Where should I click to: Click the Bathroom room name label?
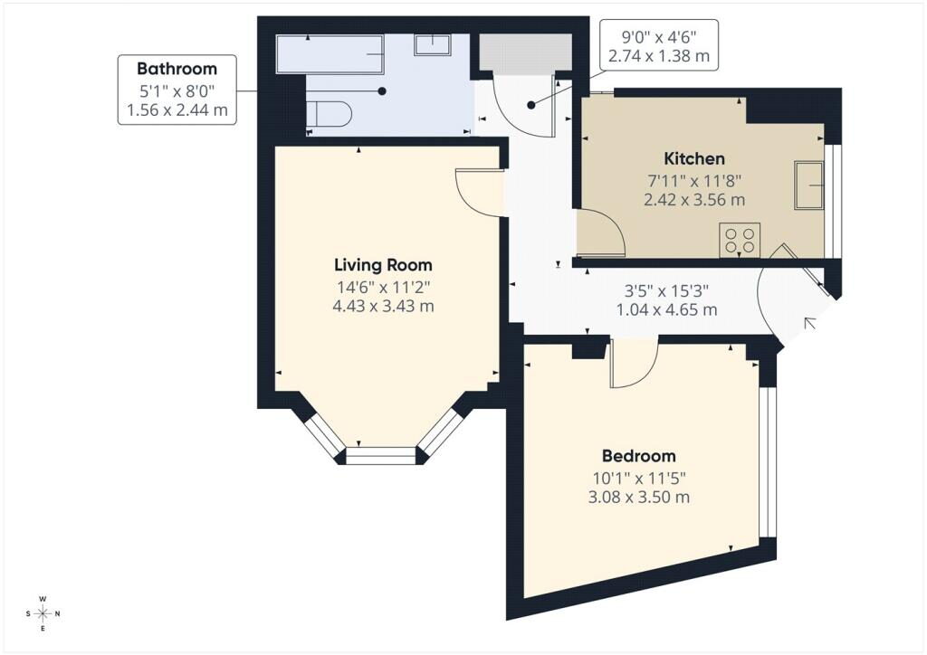[177, 69]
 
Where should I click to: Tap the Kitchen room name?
[694, 158]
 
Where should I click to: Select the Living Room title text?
[383, 264]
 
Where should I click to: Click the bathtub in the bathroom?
[330, 53]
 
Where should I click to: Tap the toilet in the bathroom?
[329, 113]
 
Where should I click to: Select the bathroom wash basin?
[433, 44]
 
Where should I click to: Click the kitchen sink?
[808, 185]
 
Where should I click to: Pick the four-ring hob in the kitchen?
[740, 240]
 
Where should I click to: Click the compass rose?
[43, 613]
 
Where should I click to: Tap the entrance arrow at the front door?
[810, 323]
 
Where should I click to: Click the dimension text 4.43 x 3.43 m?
[383, 306]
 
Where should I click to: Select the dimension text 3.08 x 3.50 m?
[638, 497]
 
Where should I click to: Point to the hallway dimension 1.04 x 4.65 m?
[667, 309]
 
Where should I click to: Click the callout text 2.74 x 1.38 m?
[659, 56]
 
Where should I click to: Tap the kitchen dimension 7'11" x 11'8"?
[694, 179]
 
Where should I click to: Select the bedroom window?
[767, 462]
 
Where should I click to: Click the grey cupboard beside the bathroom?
[525, 52]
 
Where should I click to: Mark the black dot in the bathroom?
[383, 91]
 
